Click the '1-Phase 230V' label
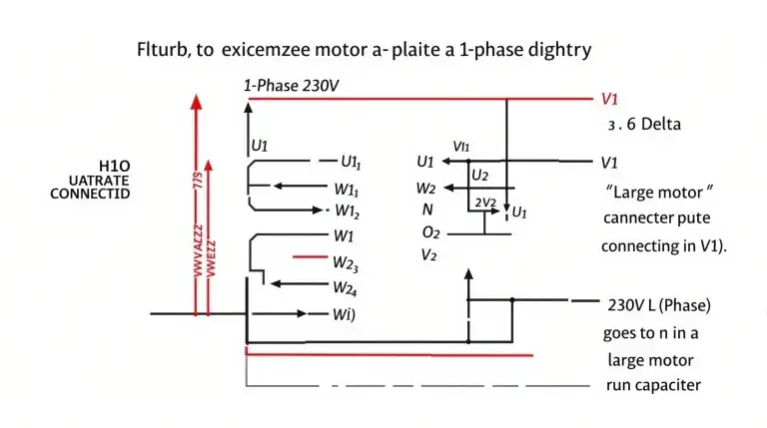click(x=291, y=87)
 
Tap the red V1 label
click(x=610, y=99)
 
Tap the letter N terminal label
click(x=427, y=210)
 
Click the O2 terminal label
click(x=429, y=232)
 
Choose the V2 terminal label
click(x=428, y=255)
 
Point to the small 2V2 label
click(x=485, y=203)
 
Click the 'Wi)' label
click(x=343, y=315)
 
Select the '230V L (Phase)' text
click(x=658, y=304)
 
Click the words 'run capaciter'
click(x=653, y=385)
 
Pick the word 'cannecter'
click(x=637, y=217)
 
